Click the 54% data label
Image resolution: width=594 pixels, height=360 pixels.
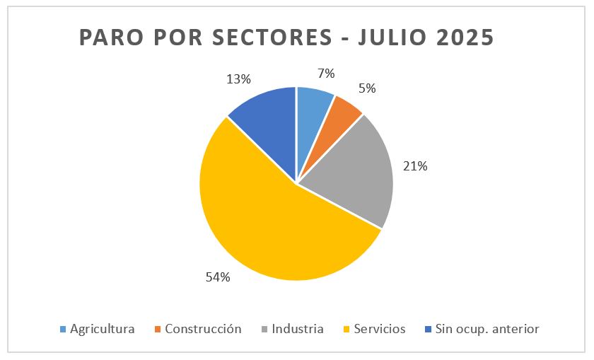pos(218,277)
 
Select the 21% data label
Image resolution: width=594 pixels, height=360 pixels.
pos(416,166)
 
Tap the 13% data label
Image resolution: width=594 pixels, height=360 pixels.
pos(239,79)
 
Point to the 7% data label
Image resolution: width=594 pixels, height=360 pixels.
pos(326,74)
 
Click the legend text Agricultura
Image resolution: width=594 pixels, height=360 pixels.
pos(102,329)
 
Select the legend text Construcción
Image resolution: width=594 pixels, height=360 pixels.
pos(203,329)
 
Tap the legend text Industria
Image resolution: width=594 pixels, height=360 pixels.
pos(297,329)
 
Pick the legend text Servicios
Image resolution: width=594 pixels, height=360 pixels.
pos(380,329)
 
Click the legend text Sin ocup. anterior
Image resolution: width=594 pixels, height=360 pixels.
pos(487,329)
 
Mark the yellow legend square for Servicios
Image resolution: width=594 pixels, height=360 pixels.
pos(346,330)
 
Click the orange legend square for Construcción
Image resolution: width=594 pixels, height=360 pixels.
pos(158,330)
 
